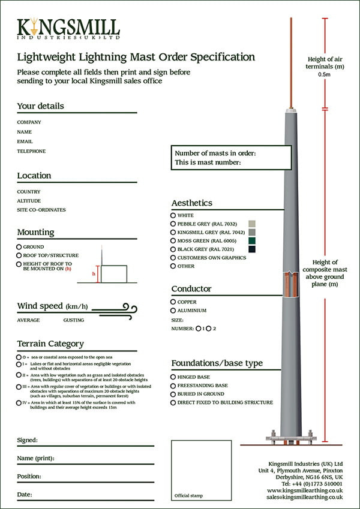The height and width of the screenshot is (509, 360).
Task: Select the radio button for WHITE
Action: click(173, 215)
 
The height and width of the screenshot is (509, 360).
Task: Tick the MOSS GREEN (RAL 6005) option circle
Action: click(173, 240)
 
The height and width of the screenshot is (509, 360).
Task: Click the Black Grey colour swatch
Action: click(253, 249)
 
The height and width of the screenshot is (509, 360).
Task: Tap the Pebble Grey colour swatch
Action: click(253, 224)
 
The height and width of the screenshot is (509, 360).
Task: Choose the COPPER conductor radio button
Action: click(173, 302)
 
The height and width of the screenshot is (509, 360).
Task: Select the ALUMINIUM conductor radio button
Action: click(173, 311)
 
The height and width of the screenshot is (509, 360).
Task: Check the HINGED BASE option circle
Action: click(173, 377)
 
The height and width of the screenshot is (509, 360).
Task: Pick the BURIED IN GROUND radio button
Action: click(173, 394)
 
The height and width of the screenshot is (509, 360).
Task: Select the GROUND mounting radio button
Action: click(19, 247)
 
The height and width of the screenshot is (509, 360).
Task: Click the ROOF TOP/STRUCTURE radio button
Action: click(19, 255)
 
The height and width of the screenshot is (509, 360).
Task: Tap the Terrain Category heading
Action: click(50, 344)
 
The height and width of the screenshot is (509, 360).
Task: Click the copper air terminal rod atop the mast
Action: click(291, 60)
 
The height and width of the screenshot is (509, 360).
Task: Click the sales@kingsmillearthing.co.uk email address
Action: click(305, 497)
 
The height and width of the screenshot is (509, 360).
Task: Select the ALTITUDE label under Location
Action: click(29, 201)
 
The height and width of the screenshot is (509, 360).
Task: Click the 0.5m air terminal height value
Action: click(325, 75)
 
